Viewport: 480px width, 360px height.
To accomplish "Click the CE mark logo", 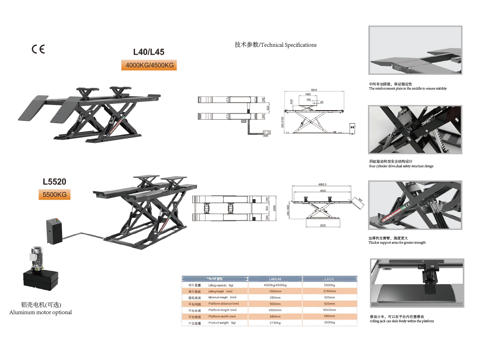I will pos(38,49).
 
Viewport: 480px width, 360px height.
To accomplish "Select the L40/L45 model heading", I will pos(149,52).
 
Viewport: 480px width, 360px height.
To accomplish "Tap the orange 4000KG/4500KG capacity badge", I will pos(149,65).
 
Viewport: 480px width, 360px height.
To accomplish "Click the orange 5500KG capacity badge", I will pos(55,195).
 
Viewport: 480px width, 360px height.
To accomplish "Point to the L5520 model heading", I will pos(54,182).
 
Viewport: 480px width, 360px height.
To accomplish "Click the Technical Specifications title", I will pos(275,45).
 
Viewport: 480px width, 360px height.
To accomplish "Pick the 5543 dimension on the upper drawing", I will pos(314,90).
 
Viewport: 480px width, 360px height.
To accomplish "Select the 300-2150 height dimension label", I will pos(282,122).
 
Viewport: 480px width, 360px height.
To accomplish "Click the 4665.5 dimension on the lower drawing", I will pos(322,185).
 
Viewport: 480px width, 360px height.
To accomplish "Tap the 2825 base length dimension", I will pos(323,225).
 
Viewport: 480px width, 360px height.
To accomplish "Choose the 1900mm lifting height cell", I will pos(275,291).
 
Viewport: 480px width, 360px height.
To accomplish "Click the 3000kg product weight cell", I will pos(329,323).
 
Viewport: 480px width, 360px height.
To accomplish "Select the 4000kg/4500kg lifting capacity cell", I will pos(275,285).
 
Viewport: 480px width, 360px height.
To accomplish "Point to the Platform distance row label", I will pos(223,304).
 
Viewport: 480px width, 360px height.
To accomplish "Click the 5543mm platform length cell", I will pos(329,310).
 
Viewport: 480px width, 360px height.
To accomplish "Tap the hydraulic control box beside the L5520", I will pos(54,231).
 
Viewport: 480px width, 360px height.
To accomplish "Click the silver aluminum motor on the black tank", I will pos(37,257).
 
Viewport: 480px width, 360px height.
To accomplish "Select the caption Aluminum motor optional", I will pos(40,312).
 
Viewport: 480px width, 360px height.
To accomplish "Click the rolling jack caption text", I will pos(402,321).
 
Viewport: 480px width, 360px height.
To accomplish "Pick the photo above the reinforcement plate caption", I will pos(415,50).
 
